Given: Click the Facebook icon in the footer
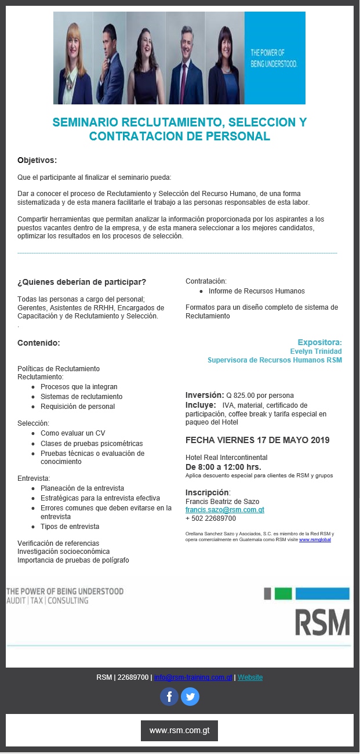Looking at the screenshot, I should coord(169,697).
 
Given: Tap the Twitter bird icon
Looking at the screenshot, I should coord(190,697).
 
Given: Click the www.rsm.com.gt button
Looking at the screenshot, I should coord(179,731).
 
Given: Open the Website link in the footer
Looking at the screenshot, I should coord(250,677).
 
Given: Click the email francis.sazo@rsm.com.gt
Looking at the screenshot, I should coord(224,510).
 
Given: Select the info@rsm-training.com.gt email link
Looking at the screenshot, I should coord(193,677).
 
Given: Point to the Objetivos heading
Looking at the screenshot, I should coord(37,160).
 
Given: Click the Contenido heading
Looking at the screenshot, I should coord(39,343).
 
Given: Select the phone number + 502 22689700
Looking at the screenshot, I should coord(210,519).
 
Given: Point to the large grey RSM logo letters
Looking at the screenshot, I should coord(322,622).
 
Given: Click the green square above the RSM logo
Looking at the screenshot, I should coord(283,593).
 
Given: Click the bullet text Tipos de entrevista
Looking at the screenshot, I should coord(70,527).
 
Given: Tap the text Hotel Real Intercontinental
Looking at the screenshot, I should coord(226,458).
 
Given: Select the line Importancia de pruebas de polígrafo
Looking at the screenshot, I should coord(73,560).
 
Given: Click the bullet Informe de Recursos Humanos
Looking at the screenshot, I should coord(256,291).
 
